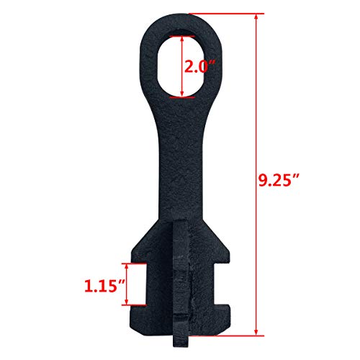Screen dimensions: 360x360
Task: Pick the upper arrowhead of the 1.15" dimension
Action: tap(132, 266)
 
